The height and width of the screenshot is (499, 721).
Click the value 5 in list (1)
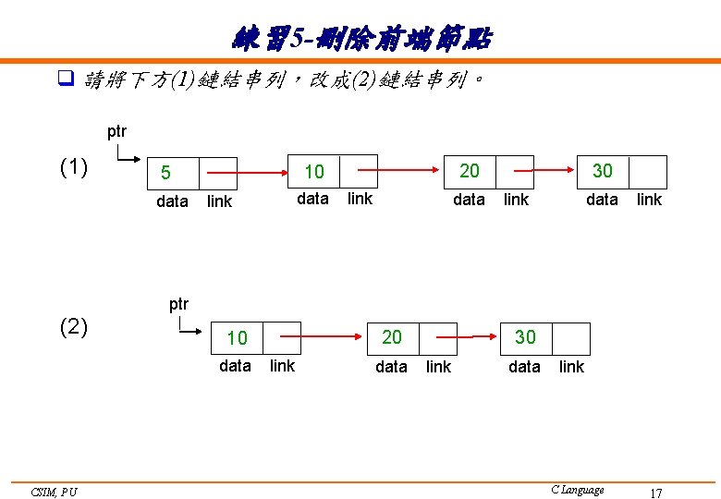pos(165,173)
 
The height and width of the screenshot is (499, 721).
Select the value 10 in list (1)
pos(314,172)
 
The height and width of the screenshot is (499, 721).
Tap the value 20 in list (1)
pos(470,171)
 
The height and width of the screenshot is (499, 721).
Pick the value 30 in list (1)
pos(602,171)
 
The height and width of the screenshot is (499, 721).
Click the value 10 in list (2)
pos(237,339)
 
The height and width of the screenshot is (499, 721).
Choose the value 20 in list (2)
pos(392,338)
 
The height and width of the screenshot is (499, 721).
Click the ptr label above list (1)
pos(116,131)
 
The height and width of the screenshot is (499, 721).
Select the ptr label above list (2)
pos(178,303)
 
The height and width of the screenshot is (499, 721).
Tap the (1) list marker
pos(73,168)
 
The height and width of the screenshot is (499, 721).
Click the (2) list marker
pos(73,327)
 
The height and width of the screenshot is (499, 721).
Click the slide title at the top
pos(361,39)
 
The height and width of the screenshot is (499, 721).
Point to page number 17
pos(655,493)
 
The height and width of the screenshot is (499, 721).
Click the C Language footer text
pos(577,490)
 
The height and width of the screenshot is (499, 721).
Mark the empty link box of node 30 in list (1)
pos(648,172)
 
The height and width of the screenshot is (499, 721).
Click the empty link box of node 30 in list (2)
pos(570,339)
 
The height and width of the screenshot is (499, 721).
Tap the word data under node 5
pos(173,201)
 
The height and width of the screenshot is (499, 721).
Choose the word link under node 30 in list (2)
pos(571,367)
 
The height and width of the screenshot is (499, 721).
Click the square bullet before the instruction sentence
pos(65,79)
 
